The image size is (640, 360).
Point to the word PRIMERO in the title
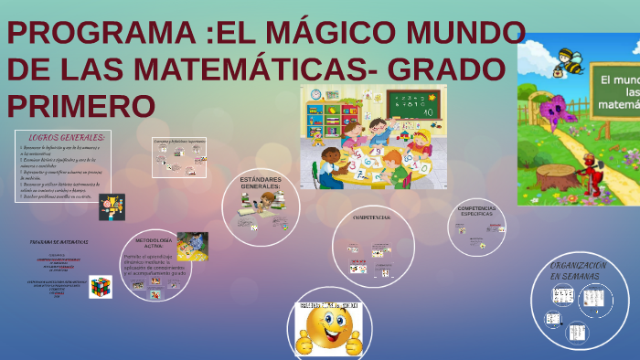point(81,105)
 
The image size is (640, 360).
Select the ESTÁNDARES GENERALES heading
point(261,183)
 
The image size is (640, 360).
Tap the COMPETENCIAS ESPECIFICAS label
point(477,211)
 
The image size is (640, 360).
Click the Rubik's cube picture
point(100,286)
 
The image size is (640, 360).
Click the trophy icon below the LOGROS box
point(112,206)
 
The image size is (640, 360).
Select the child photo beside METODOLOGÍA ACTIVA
point(192,245)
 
